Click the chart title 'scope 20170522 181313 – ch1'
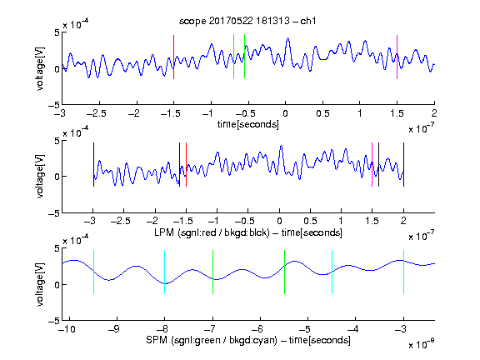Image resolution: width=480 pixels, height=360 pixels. point(247,21)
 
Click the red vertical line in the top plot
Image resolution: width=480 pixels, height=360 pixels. point(173,57)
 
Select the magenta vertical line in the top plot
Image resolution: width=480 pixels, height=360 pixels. point(397,57)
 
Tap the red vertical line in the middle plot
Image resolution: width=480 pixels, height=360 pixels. point(186,164)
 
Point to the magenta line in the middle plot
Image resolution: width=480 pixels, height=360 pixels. point(372,164)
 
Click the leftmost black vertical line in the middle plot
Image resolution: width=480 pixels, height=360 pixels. point(93,164)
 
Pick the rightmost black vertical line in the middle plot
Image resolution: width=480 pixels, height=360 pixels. point(403,164)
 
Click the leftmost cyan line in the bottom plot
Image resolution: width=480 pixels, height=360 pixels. point(93,272)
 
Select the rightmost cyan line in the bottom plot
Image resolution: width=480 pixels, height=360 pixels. point(403,272)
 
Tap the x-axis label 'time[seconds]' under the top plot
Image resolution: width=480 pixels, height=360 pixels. point(248,124)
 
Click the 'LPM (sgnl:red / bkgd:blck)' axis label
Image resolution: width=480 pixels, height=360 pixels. point(212,232)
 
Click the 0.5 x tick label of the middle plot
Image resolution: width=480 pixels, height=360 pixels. point(310,221)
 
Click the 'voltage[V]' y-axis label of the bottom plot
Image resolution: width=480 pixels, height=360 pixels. point(40,285)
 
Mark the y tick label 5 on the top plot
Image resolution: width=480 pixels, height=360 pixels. point(57,32)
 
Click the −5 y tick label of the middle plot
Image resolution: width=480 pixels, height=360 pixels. point(54,213)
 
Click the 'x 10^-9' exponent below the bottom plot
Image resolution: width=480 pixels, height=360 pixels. point(422,344)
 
